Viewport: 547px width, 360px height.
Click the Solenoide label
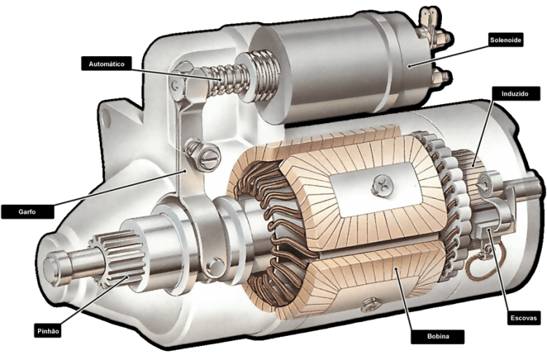(505, 40)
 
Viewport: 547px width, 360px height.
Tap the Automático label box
(106, 64)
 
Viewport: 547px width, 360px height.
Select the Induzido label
(515, 94)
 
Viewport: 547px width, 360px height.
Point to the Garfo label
(28, 211)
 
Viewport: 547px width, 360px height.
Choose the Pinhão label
(48, 331)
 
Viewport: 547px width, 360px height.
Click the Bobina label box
(438, 336)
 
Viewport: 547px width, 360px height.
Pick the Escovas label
(523, 318)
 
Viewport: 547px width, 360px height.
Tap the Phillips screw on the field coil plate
(382, 186)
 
